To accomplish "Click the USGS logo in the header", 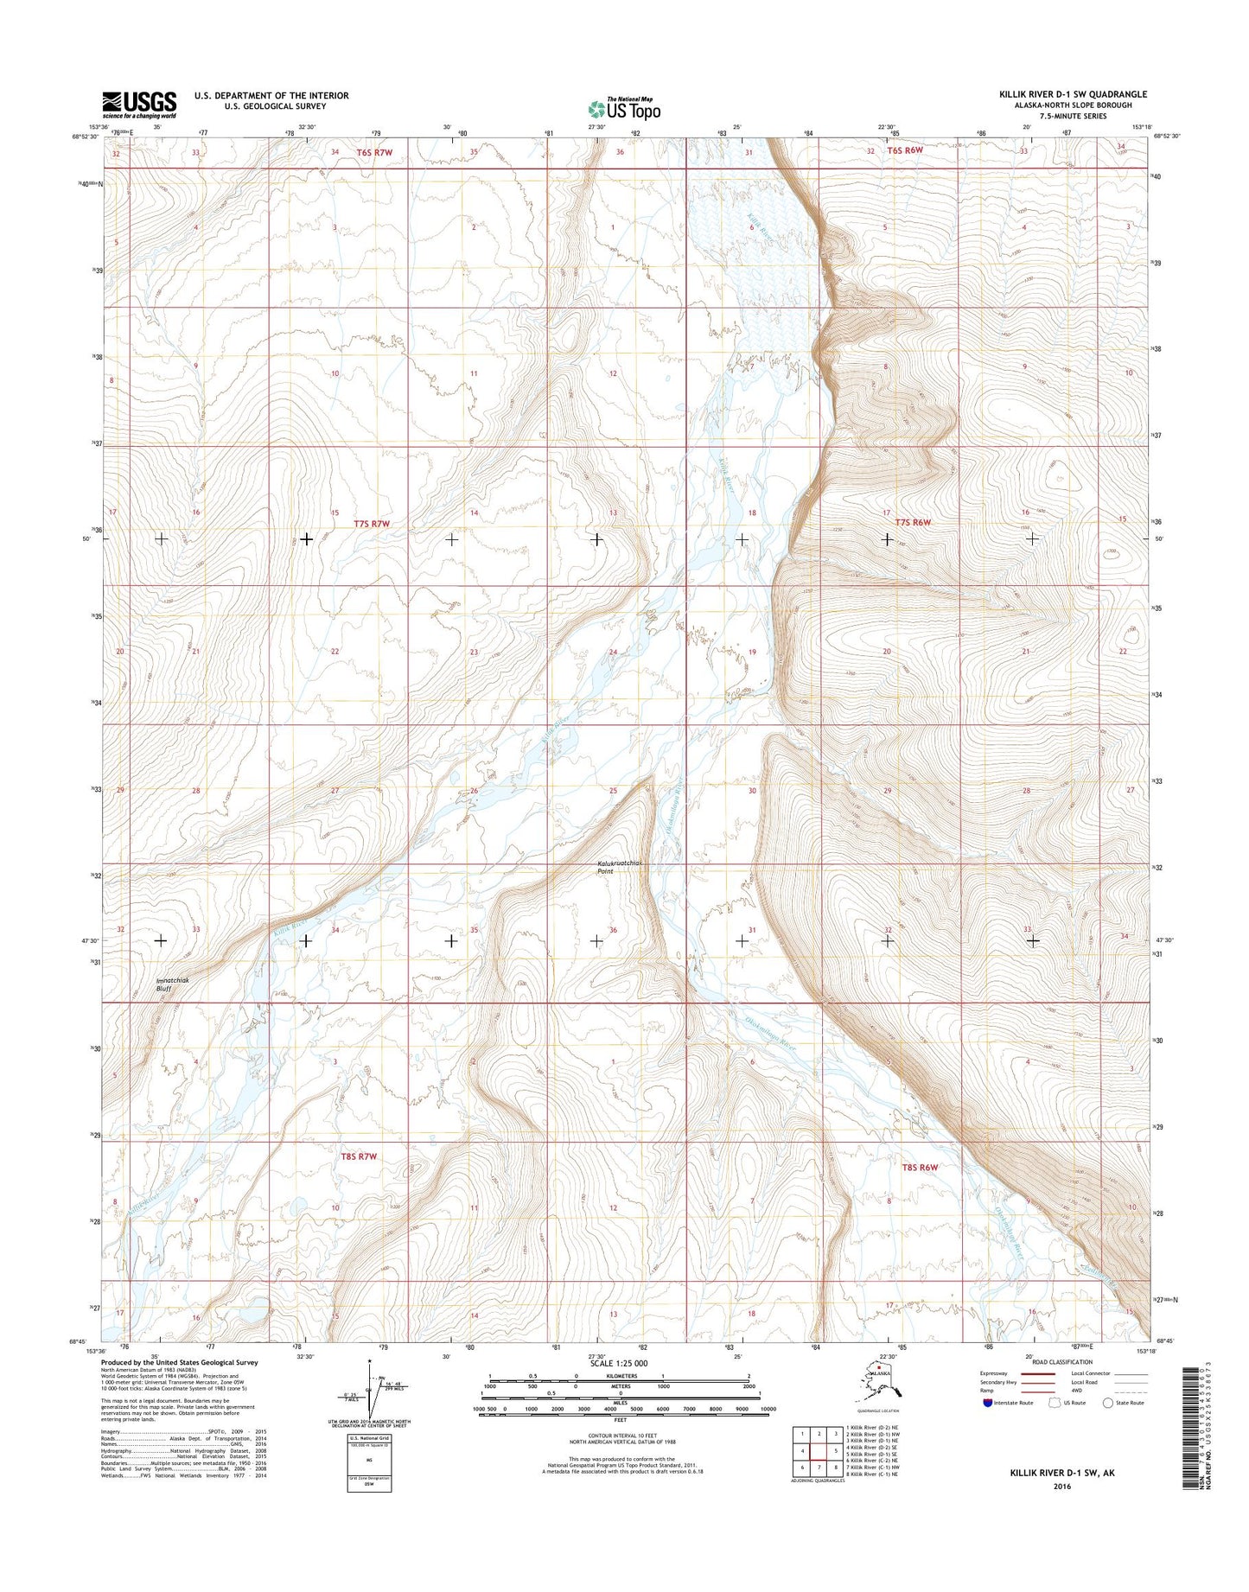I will pos(139,105).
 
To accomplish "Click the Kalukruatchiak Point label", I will pos(617,867).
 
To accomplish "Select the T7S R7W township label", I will pos(373,524).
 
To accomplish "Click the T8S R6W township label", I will pos(920,1168).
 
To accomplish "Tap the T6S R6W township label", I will pos(905,151).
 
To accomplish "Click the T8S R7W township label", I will pos(358,1156).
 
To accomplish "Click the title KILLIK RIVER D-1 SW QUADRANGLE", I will pos(1073,94).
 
